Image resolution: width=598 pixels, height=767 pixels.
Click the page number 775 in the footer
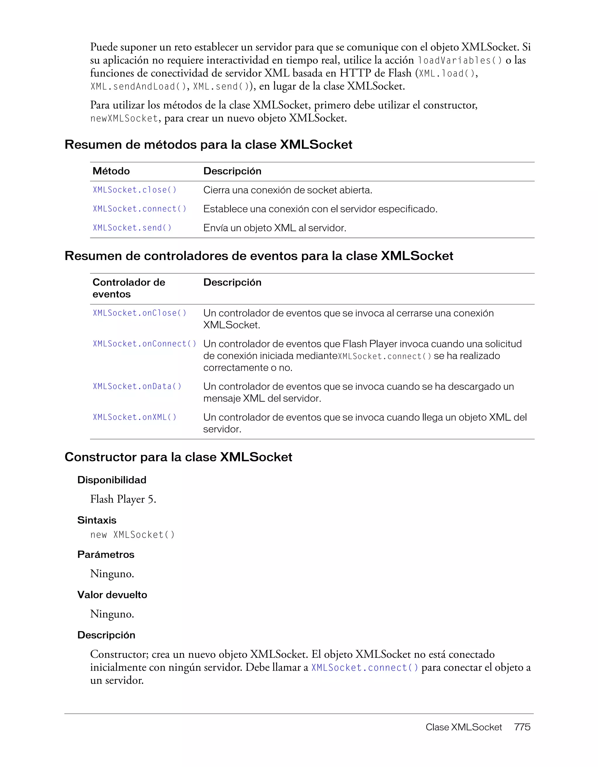[x=522, y=727]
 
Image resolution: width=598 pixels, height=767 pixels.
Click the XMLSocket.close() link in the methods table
[x=135, y=190]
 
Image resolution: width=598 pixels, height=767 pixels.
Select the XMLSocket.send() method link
[x=132, y=228]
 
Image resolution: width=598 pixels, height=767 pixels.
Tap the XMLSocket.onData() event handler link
[x=137, y=386]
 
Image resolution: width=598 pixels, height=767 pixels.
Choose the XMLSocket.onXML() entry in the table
[x=135, y=417]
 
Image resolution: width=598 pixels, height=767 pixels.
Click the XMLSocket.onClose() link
[x=140, y=313]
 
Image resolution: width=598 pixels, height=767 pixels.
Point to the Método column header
[x=111, y=171]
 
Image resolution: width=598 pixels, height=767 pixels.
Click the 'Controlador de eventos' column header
[x=128, y=288]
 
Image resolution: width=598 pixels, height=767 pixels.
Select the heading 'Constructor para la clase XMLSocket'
[x=178, y=457]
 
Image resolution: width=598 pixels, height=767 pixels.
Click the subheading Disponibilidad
[x=112, y=480]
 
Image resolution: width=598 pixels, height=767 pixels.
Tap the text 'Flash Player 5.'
[x=123, y=499]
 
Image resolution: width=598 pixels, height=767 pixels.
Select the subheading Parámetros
[x=106, y=555]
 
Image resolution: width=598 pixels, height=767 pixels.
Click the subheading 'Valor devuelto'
[x=112, y=595]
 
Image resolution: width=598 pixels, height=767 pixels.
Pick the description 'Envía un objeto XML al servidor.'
[x=274, y=228]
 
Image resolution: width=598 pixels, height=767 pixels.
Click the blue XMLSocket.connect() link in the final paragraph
[x=365, y=667]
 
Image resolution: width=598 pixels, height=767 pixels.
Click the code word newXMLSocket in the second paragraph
[x=124, y=118]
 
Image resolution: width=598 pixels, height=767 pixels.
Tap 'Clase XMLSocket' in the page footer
[x=463, y=727]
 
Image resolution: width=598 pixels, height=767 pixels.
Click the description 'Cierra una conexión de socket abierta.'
[x=287, y=190]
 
